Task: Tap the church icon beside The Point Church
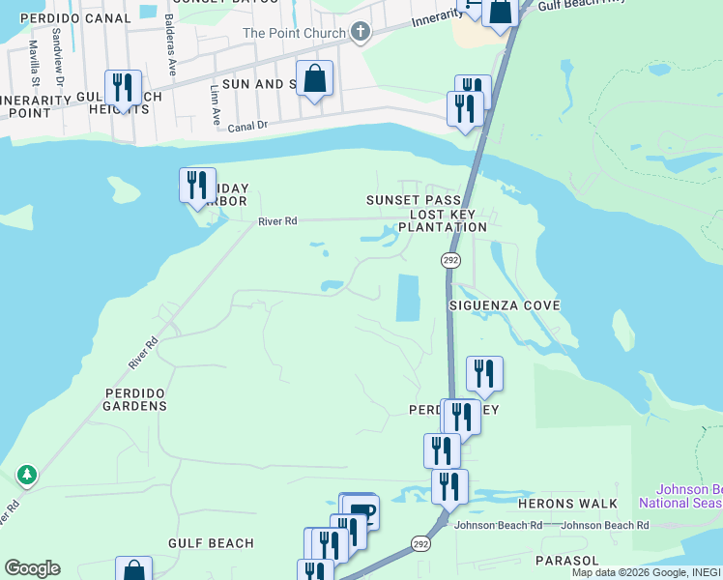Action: pos(361,33)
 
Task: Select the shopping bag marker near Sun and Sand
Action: pos(315,79)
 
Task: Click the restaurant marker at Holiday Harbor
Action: pos(197,185)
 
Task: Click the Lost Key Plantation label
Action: pos(448,220)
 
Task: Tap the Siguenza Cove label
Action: pos(505,305)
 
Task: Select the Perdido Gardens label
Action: pos(136,406)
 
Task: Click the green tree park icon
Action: pos(27,475)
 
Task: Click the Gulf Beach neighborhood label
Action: pos(211,544)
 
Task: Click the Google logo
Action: pos(32,568)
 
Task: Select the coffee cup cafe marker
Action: pos(361,510)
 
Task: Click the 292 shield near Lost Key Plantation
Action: pos(450,261)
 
